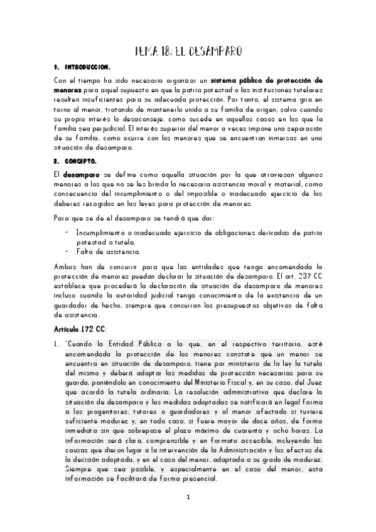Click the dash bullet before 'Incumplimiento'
[67, 232]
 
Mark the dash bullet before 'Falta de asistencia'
[67, 252]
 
